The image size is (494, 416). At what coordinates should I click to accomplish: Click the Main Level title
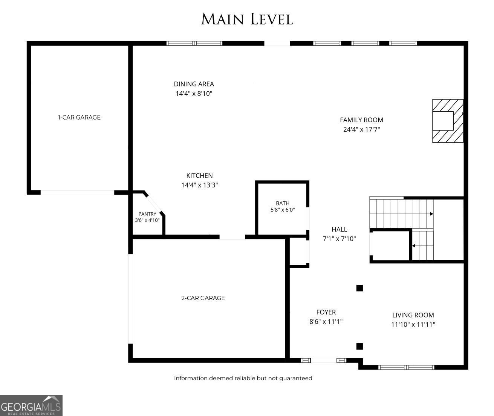(247, 19)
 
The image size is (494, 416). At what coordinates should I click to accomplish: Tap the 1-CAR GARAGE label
(79, 117)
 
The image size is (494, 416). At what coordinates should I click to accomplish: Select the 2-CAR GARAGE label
(203, 298)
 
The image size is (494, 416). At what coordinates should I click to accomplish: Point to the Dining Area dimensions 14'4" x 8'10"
(194, 94)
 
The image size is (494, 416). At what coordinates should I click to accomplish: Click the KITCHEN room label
(199, 175)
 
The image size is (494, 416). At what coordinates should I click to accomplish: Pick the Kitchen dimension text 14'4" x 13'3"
(199, 185)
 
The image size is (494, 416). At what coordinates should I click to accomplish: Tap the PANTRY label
(147, 214)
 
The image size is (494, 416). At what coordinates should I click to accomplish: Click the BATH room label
(283, 203)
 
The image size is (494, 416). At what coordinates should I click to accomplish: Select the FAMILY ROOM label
(361, 120)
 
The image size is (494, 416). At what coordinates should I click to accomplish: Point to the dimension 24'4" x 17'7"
(361, 129)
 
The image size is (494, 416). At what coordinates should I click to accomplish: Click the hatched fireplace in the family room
(448, 121)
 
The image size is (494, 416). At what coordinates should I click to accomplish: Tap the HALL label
(339, 229)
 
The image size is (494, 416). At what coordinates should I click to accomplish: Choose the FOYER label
(326, 312)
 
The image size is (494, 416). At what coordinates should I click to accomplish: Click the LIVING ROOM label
(413, 315)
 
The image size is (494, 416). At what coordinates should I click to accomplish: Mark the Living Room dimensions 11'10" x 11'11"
(413, 324)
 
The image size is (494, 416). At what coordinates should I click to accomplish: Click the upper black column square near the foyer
(359, 288)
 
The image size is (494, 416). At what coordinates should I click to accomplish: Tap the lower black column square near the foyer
(359, 346)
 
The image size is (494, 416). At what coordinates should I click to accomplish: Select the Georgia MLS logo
(31, 405)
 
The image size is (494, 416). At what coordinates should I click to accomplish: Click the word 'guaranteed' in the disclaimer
(296, 378)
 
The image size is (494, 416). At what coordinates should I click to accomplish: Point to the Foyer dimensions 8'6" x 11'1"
(326, 322)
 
